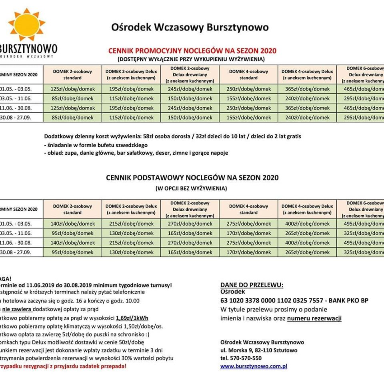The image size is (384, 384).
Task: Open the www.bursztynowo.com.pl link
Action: (x=254, y=366)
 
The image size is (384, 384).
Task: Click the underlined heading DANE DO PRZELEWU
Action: (x=252, y=285)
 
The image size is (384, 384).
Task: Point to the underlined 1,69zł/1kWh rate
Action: (x=132, y=318)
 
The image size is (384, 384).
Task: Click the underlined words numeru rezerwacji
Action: (x=314, y=318)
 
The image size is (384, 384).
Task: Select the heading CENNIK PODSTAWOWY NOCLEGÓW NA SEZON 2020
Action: (x=192, y=178)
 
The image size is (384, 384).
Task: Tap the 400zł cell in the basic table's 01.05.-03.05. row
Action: (x=307, y=224)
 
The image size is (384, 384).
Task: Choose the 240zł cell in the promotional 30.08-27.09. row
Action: (x=307, y=118)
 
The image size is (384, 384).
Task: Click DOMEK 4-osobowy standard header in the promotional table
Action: (x=249, y=75)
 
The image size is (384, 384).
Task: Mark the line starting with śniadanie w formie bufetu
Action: (x=96, y=145)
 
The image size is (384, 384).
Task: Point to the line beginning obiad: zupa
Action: (x=136, y=153)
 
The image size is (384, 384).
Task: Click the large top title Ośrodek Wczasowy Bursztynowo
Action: (x=190, y=28)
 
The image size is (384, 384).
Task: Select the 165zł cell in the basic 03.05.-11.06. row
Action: (x=190, y=233)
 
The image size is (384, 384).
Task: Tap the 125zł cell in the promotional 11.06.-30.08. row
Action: (x=72, y=108)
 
